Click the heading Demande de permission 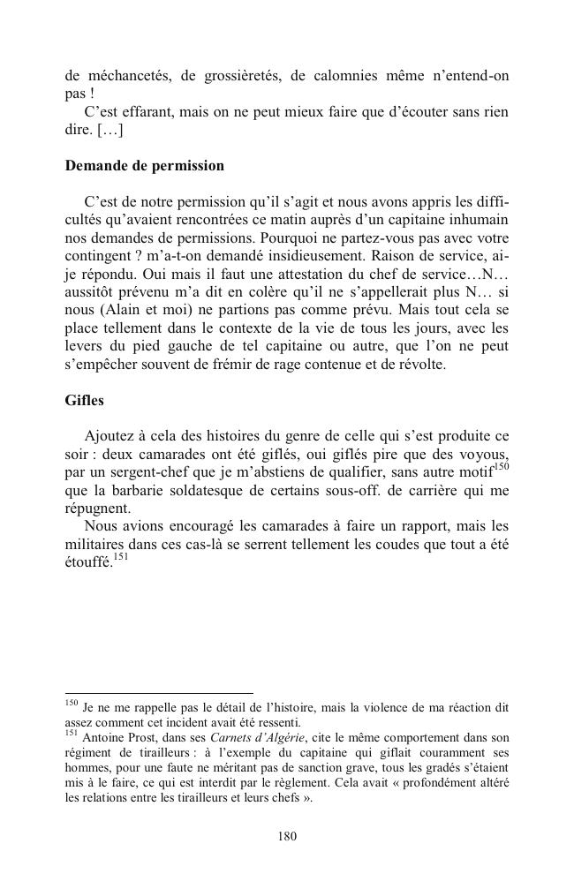point(144,166)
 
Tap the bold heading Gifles point(84,400)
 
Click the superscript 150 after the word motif point(502,466)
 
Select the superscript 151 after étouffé point(122,558)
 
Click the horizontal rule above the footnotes point(159,693)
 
